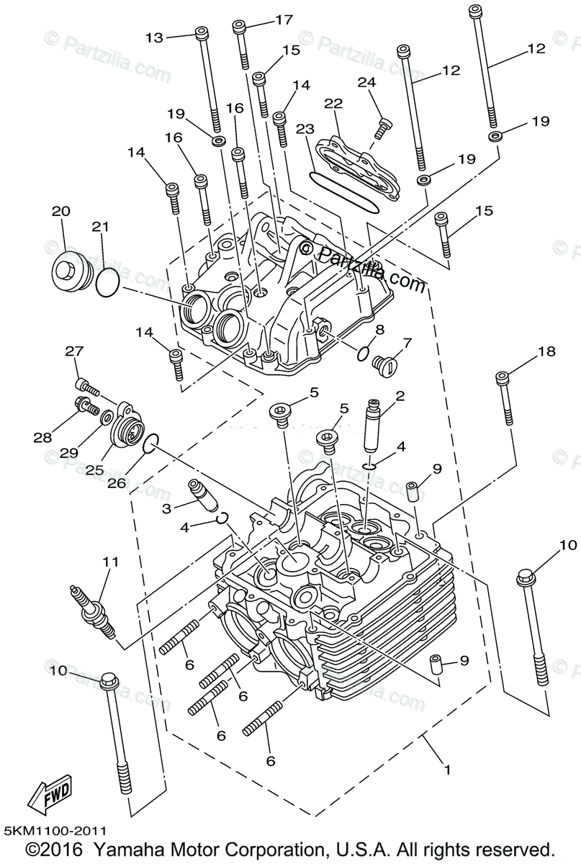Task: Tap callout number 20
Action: [61, 211]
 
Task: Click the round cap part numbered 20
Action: [69, 273]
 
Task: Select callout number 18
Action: [546, 351]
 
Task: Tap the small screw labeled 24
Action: [382, 129]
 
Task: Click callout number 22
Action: [333, 104]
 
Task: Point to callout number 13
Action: [155, 37]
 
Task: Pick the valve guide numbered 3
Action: [202, 496]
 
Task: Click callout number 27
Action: [75, 351]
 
